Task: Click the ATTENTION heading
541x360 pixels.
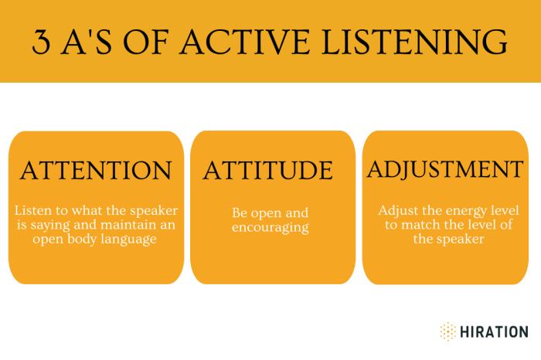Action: coord(96,170)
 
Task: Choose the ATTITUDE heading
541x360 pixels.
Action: coord(268,170)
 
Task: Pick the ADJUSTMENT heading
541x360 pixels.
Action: coord(445,168)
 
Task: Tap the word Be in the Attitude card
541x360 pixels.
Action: coord(240,212)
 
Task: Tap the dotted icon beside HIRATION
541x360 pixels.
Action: coord(448,331)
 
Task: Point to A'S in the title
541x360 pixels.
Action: coord(91,42)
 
